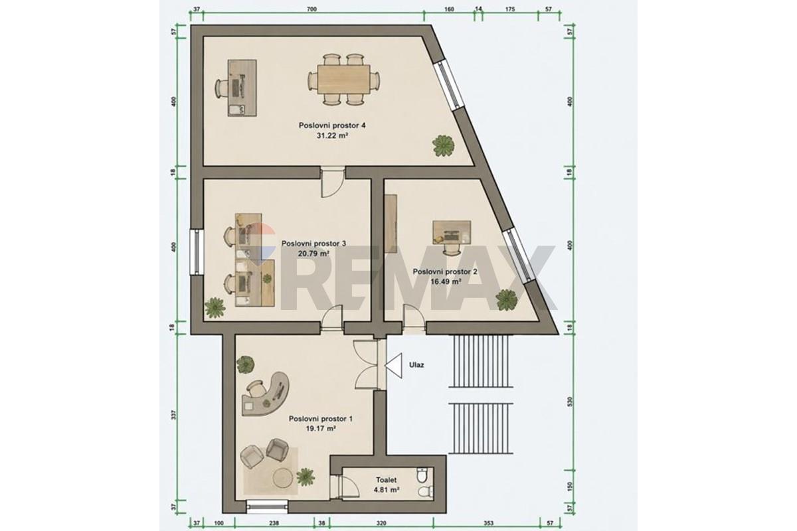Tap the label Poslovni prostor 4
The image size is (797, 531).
pyautogui.click(x=332, y=125)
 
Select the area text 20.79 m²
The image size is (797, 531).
pyautogui.click(x=313, y=254)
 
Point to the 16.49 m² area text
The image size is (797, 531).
pyautogui.click(x=446, y=281)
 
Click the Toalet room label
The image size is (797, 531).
pyautogui.click(x=387, y=480)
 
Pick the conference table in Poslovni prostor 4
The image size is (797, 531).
pyautogui.click(x=344, y=79)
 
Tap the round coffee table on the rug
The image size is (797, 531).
pyautogui.click(x=284, y=478)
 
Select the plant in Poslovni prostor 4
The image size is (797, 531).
pyautogui.click(x=444, y=145)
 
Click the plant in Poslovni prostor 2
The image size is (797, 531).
pyautogui.click(x=507, y=300)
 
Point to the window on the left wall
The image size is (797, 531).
pyautogui.click(x=197, y=252)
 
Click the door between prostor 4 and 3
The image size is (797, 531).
pyautogui.click(x=333, y=182)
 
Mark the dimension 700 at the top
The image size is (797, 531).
pyautogui.click(x=311, y=9)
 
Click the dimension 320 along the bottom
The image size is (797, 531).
pyautogui.click(x=381, y=523)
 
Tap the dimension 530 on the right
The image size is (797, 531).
pyautogui.click(x=570, y=402)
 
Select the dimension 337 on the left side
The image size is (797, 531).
pyautogui.click(x=173, y=415)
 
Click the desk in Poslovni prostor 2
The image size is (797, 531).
pyautogui.click(x=452, y=232)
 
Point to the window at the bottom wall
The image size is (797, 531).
pyautogui.click(x=266, y=506)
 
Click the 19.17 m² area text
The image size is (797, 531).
pyautogui.click(x=321, y=429)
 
